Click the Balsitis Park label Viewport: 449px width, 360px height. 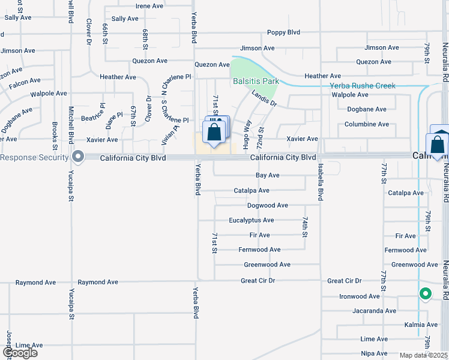tap(256, 80)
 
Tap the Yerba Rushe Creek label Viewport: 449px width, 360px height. tap(363, 86)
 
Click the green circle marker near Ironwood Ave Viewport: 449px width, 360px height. tap(425, 294)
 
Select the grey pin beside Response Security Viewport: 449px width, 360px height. tap(78, 157)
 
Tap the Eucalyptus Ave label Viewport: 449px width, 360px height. tap(251, 220)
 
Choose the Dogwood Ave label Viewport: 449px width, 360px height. tap(268, 205)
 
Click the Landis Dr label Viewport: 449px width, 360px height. tap(264, 98)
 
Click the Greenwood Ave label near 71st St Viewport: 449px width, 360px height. tap(267, 264)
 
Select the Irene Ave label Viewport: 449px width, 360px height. tap(149, 6)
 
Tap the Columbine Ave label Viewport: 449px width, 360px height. tap(366, 124)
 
